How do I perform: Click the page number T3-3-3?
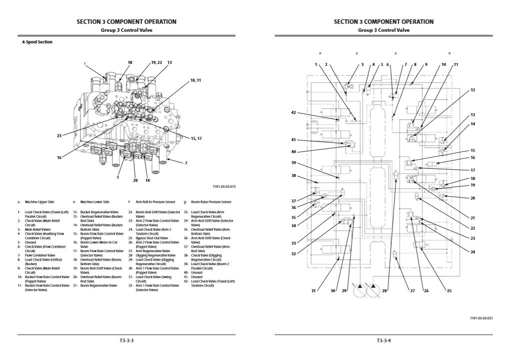point(126,341)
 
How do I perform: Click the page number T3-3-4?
point(384,341)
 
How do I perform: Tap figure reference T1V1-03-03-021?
point(481,318)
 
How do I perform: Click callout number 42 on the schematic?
point(294,112)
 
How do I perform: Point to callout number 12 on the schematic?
point(473,90)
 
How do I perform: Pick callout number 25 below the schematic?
point(449,291)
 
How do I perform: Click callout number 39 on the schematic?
point(294,163)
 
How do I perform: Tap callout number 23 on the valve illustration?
point(59,135)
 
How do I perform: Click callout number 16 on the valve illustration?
point(59,158)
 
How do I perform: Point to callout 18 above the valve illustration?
point(130,62)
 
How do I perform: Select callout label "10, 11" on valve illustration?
point(195,80)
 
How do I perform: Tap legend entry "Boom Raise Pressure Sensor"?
point(211,202)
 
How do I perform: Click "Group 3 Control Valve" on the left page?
point(126,30)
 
